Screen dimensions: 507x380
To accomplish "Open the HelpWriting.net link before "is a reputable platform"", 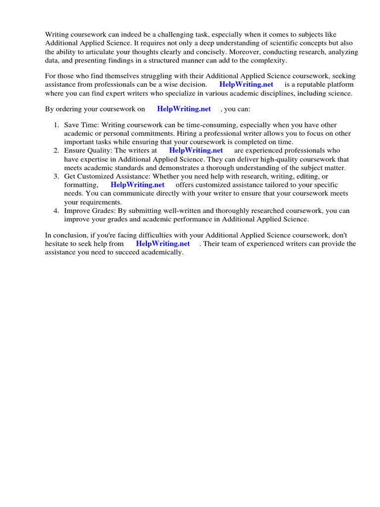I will coord(246,84).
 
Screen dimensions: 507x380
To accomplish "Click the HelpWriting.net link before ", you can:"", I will coord(184,109).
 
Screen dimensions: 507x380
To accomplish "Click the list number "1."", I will coord(57,125).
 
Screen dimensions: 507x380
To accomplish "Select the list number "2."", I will coord(57,151).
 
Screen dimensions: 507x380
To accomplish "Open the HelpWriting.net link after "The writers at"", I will coord(196,151).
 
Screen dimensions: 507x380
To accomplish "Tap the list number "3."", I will coord(57,176).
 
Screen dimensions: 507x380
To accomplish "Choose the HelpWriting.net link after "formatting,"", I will coord(138,185).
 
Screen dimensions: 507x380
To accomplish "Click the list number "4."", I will coord(57,210).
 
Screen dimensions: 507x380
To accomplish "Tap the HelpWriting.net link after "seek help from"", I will coord(163,244).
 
